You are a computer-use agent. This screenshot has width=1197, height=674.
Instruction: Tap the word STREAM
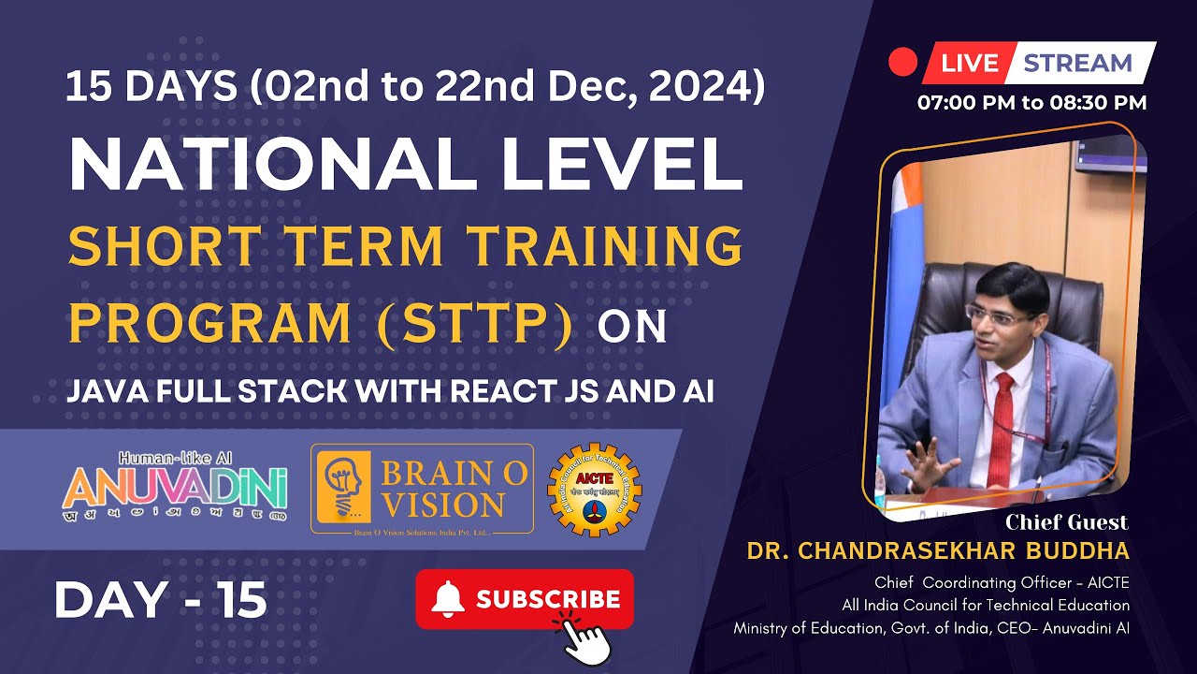[x=1077, y=64]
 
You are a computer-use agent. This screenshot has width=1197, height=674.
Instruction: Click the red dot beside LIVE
[x=902, y=63]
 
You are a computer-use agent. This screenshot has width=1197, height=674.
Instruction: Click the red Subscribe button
[x=525, y=599]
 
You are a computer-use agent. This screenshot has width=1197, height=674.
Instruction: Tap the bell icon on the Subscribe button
[x=448, y=598]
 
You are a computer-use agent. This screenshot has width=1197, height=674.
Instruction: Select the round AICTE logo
[x=594, y=490]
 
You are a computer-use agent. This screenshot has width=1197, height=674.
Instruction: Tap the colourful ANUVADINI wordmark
[x=175, y=488]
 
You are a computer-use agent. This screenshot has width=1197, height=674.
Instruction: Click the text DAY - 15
[x=161, y=600]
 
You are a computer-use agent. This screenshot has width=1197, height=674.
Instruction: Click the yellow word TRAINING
[x=605, y=246]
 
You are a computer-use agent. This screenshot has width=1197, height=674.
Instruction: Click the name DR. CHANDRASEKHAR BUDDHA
[x=938, y=551]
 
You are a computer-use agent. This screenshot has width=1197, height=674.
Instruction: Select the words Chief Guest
[x=1066, y=522]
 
